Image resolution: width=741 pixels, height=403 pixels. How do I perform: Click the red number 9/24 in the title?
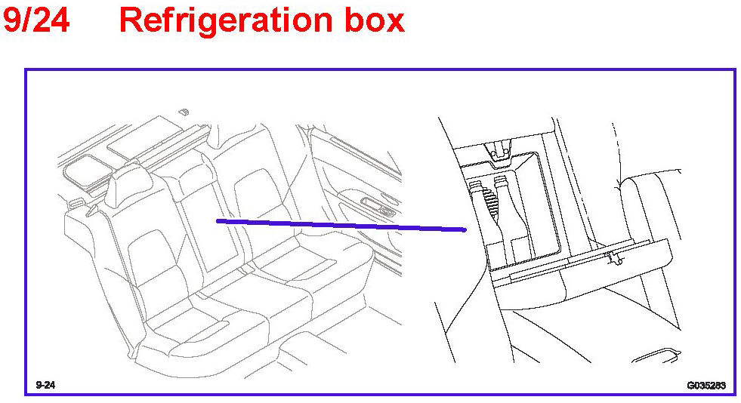click(36, 20)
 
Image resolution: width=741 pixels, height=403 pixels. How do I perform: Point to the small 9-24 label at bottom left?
click(45, 385)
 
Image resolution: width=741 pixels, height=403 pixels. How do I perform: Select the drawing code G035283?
click(705, 385)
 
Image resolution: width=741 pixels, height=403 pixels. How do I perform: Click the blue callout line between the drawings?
click(340, 225)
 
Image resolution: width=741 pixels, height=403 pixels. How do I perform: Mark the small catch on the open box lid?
click(613, 259)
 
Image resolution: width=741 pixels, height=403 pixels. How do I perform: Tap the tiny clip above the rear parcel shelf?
click(183, 112)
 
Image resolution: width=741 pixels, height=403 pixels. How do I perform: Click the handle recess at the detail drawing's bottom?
click(661, 352)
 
